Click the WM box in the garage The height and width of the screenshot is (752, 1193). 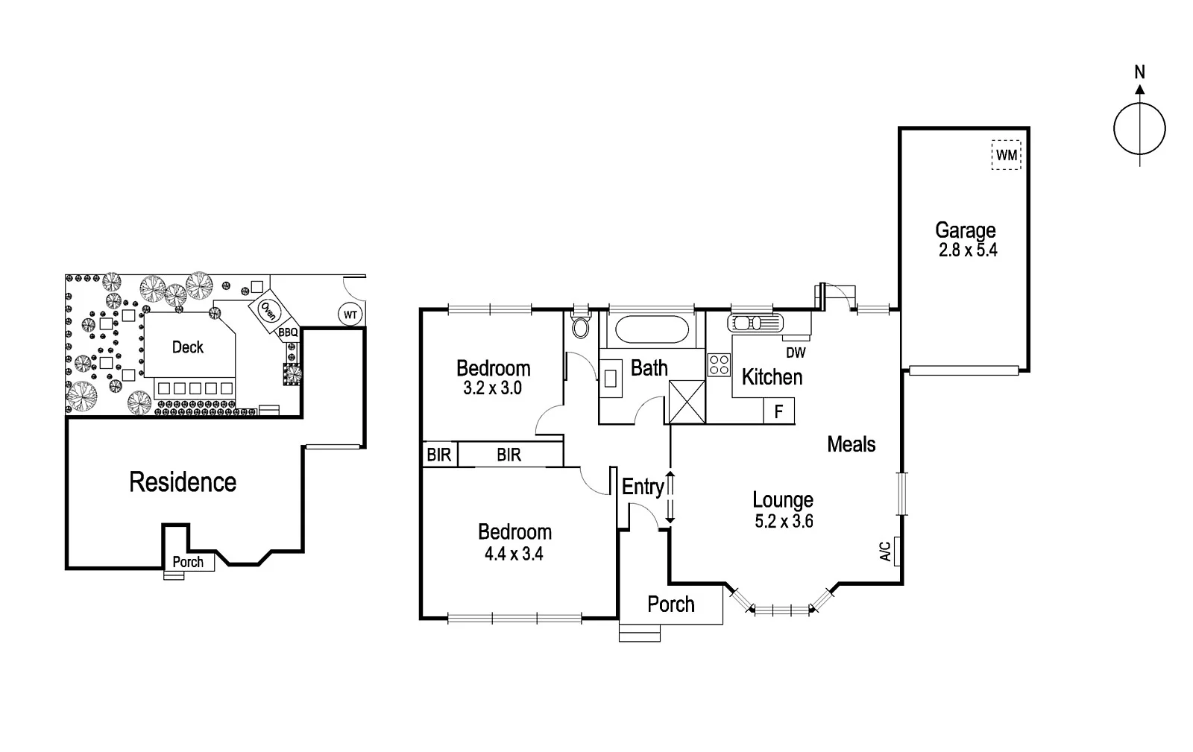tap(1006, 156)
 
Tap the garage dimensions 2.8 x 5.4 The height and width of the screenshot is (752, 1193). tap(967, 250)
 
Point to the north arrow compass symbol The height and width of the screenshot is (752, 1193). tap(1139, 129)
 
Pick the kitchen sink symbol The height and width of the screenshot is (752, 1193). tap(755, 323)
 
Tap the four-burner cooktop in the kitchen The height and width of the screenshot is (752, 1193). tap(719, 364)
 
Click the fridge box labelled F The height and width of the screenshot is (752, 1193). tap(778, 411)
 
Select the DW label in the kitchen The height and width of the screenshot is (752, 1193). tap(796, 353)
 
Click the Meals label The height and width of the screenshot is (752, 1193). tap(851, 445)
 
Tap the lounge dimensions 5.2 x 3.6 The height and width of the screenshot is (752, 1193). tap(784, 522)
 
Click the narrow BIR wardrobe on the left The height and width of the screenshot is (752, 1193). tap(438, 455)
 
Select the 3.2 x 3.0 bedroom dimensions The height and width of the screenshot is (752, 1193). tap(493, 388)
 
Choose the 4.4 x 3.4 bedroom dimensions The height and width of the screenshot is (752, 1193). tap(514, 554)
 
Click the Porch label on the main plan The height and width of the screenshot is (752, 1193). tap(670, 604)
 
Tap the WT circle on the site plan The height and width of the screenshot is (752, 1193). tap(350, 315)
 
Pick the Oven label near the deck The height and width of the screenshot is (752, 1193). tap(268, 311)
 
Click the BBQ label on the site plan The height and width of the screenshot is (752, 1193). tap(288, 332)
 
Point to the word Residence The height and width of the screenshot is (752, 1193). tap(183, 482)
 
